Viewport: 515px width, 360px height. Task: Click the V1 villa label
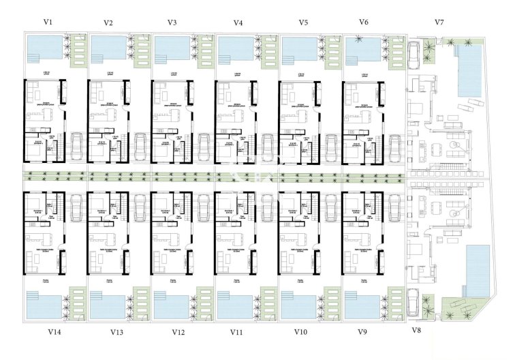tap(48, 21)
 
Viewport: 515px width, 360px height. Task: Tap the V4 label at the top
tap(238, 22)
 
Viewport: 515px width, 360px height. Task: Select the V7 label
tap(439, 22)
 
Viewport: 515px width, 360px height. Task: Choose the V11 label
tap(236, 332)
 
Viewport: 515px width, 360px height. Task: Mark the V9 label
tap(362, 332)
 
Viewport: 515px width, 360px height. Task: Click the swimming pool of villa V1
tap(44, 47)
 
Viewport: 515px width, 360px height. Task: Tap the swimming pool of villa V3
tap(172, 48)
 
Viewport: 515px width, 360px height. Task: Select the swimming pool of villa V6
tap(363, 48)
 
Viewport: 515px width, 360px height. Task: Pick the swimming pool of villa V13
tap(107, 305)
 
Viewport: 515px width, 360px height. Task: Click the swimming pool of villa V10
tap(299, 305)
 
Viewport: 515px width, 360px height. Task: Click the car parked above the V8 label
tap(413, 303)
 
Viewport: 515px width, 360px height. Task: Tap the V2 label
tap(108, 22)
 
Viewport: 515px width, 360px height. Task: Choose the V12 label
tap(178, 332)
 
